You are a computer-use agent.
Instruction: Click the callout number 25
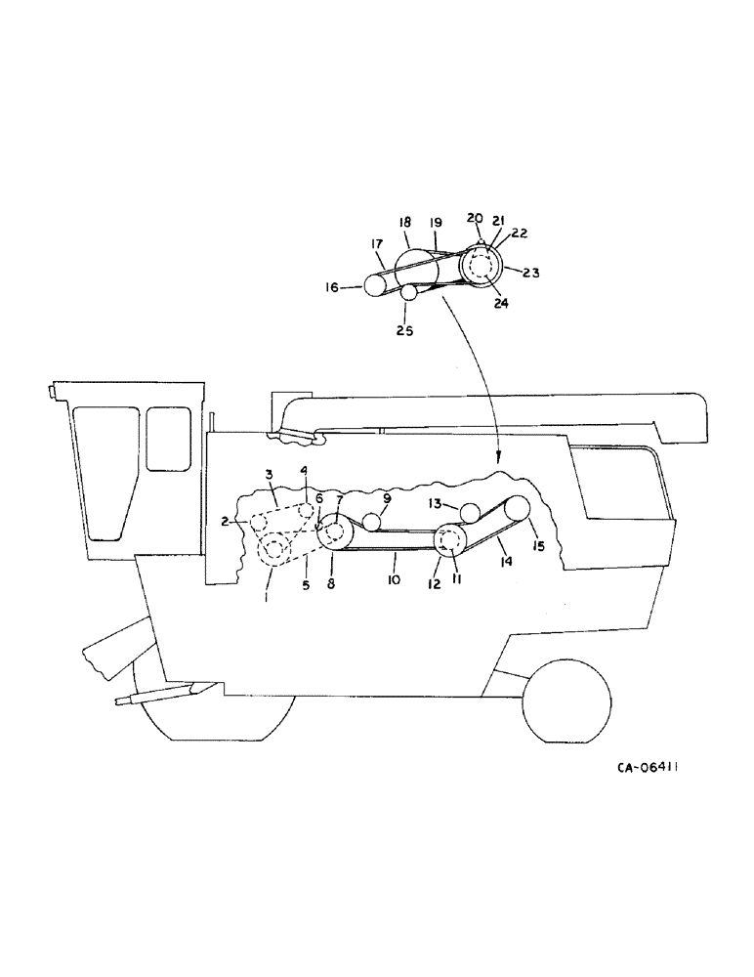coord(404,331)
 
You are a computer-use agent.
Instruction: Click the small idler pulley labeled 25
coord(408,292)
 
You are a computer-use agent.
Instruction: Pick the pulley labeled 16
coord(376,285)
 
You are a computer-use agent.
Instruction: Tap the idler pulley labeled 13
coord(469,512)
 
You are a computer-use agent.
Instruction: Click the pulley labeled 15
coord(516,509)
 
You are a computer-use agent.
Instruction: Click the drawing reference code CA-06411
coord(648,768)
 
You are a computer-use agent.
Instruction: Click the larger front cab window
coord(104,469)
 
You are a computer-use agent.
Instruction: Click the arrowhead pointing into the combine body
coord(498,455)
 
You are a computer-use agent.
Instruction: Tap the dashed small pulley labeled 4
coord(306,512)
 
